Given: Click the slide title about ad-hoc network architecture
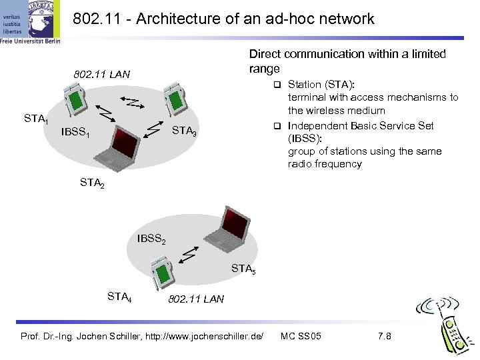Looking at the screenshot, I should pyautogui.click(x=223, y=19).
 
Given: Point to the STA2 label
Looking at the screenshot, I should pyautogui.click(x=92, y=181).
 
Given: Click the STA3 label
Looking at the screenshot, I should pyautogui.click(x=184, y=131).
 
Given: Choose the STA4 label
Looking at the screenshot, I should pyautogui.click(x=119, y=295).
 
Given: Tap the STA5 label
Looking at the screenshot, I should pyautogui.click(x=243, y=269).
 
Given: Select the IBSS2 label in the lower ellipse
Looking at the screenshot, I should pyautogui.click(x=151, y=238).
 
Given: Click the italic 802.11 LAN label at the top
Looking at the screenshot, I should pyautogui.click(x=102, y=73).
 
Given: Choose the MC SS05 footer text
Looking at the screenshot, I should pyautogui.click(x=301, y=335).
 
